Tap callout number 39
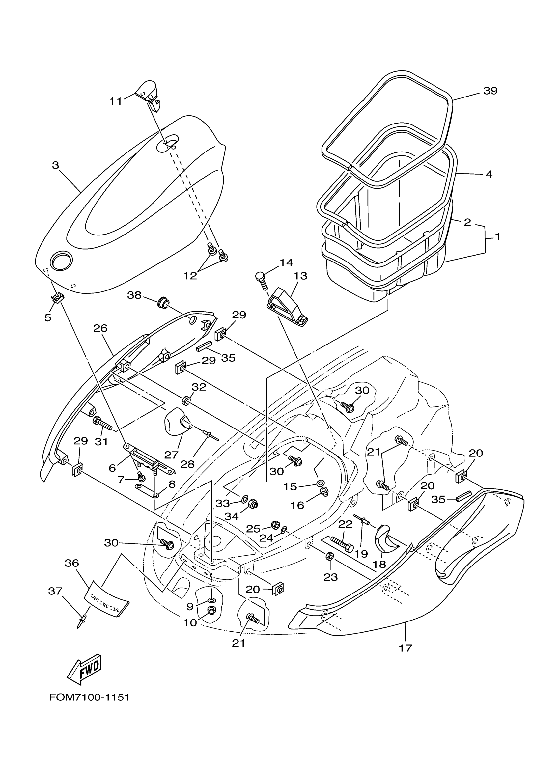tap(490, 91)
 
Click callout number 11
tap(116, 101)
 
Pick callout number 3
tap(56, 165)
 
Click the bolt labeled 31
tap(102, 424)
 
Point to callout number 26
tap(100, 328)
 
